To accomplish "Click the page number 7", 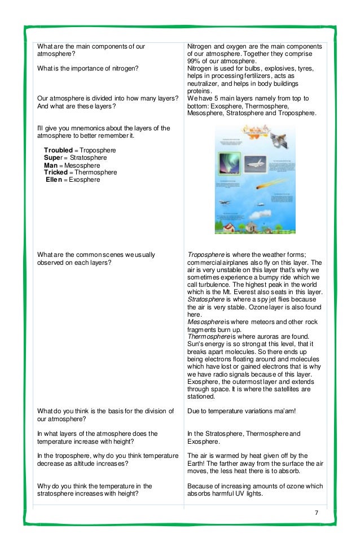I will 317,513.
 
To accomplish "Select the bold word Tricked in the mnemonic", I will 55,172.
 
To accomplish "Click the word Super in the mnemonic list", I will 54,158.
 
